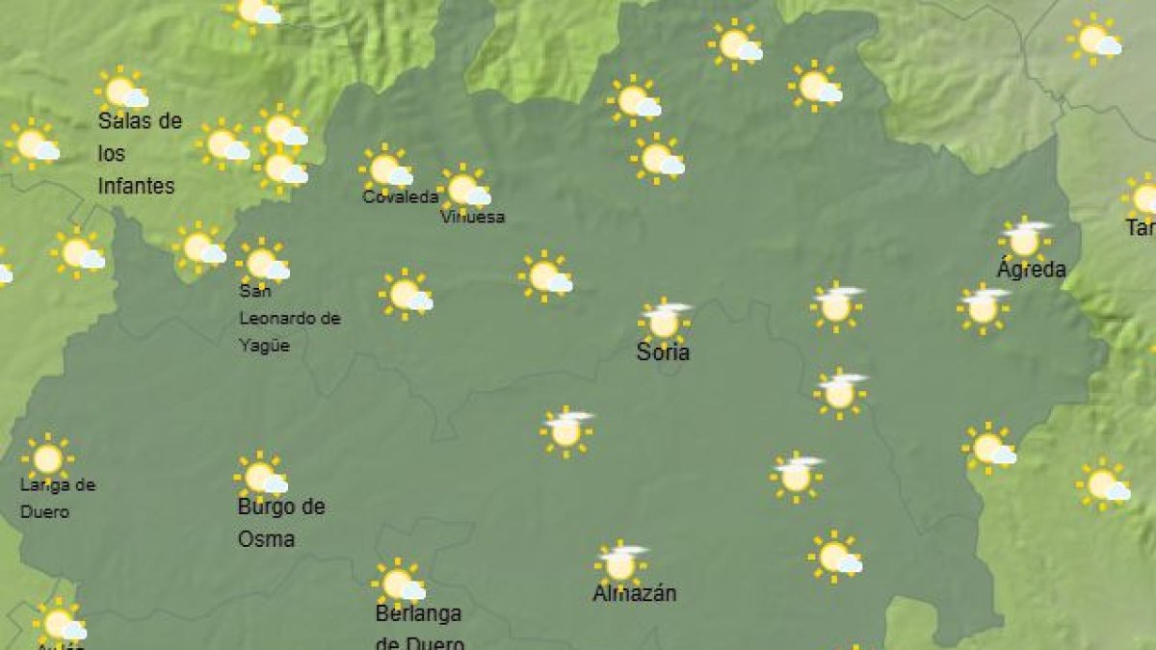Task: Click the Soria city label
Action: point(663,352)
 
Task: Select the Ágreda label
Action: point(1031,269)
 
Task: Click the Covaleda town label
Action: point(400,197)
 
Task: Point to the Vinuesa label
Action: point(472,218)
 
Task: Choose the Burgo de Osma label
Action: point(281,523)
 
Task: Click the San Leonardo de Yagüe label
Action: point(289,318)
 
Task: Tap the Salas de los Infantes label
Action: point(140,153)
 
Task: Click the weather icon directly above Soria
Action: point(664,321)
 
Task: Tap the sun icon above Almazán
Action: point(620,563)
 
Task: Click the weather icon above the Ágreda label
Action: point(1024,239)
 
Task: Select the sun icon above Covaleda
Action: point(386,169)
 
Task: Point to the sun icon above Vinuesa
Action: point(464,189)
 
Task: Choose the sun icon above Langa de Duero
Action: point(47,458)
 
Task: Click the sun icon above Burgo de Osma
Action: point(261,477)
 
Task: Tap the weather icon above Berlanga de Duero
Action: point(399,584)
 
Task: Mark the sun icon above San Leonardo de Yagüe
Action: point(263,262)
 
